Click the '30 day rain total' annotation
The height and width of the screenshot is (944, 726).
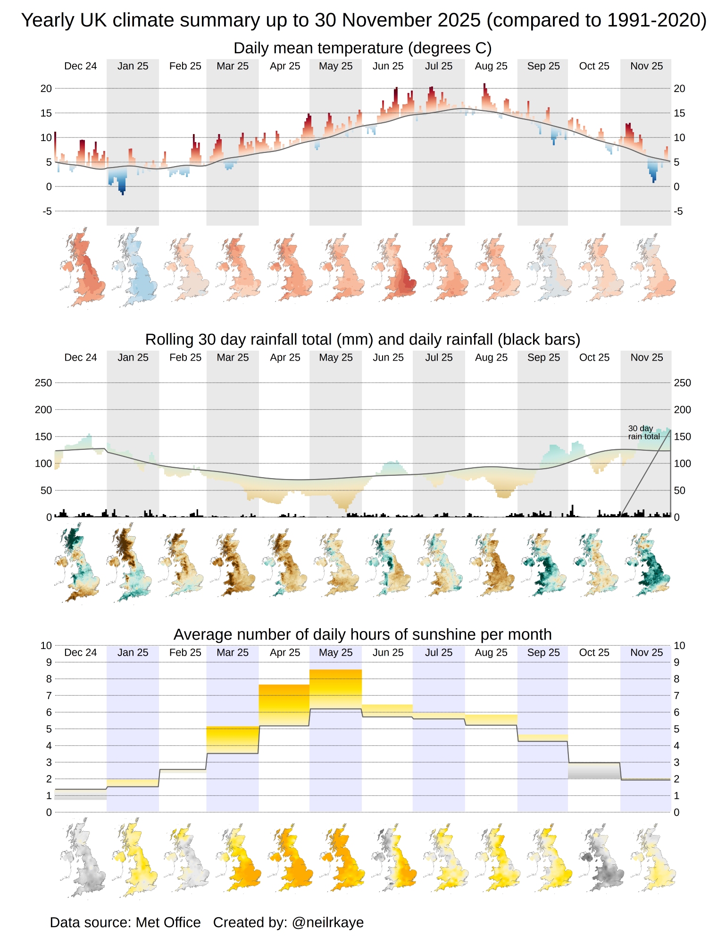pyautogui.click(x=643, y=432)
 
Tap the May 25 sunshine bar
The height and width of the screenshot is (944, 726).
pyautogui.click(x=335, y=689)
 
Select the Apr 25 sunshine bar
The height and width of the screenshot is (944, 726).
pyautogui.click(x=284, y=705)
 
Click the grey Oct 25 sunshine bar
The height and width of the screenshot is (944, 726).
pyautogui.click(x=594, y=770)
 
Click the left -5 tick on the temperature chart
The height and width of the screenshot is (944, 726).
pyautogui.click(x=47, y=211)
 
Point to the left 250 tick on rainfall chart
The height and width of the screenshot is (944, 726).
pyautogui.click(x=43, y=383)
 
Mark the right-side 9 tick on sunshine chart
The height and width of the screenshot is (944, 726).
pyautogui.click(x=676, y=662)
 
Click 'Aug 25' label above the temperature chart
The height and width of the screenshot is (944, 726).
pyautogui.click(x=491, y=66)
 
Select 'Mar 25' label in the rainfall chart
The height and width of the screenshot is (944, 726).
pyautogui.click(x=233, y=357)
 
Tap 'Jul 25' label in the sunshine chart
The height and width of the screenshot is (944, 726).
pyautogui.click(x=439, y=652)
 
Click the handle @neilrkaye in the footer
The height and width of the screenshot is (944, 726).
pyautogui.click(x=328, y=922)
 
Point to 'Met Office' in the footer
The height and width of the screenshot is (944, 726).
pyautogui.click(x=168, y=922)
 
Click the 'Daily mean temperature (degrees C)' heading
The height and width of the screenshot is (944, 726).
pyautogui.click(x=362, y=48)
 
